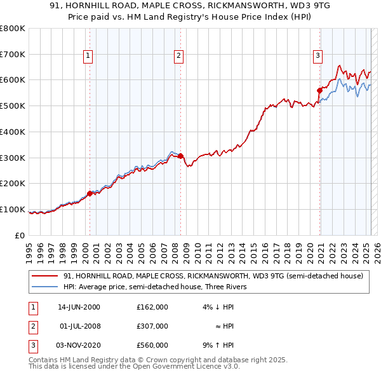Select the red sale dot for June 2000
pyautogui.click(x=90, y=193)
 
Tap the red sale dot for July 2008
pyautogui.click(x=181, y=156)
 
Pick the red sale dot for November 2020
pyautogui.click(x=319, y=90)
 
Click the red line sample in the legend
pyautogui.click(x=44, y=276)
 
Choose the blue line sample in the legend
pyautogui.click(x=44, y=287)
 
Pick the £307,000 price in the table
pyautogui.click(x=152, y=326)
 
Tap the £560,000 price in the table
pyautogui.click(x=152, y=345)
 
